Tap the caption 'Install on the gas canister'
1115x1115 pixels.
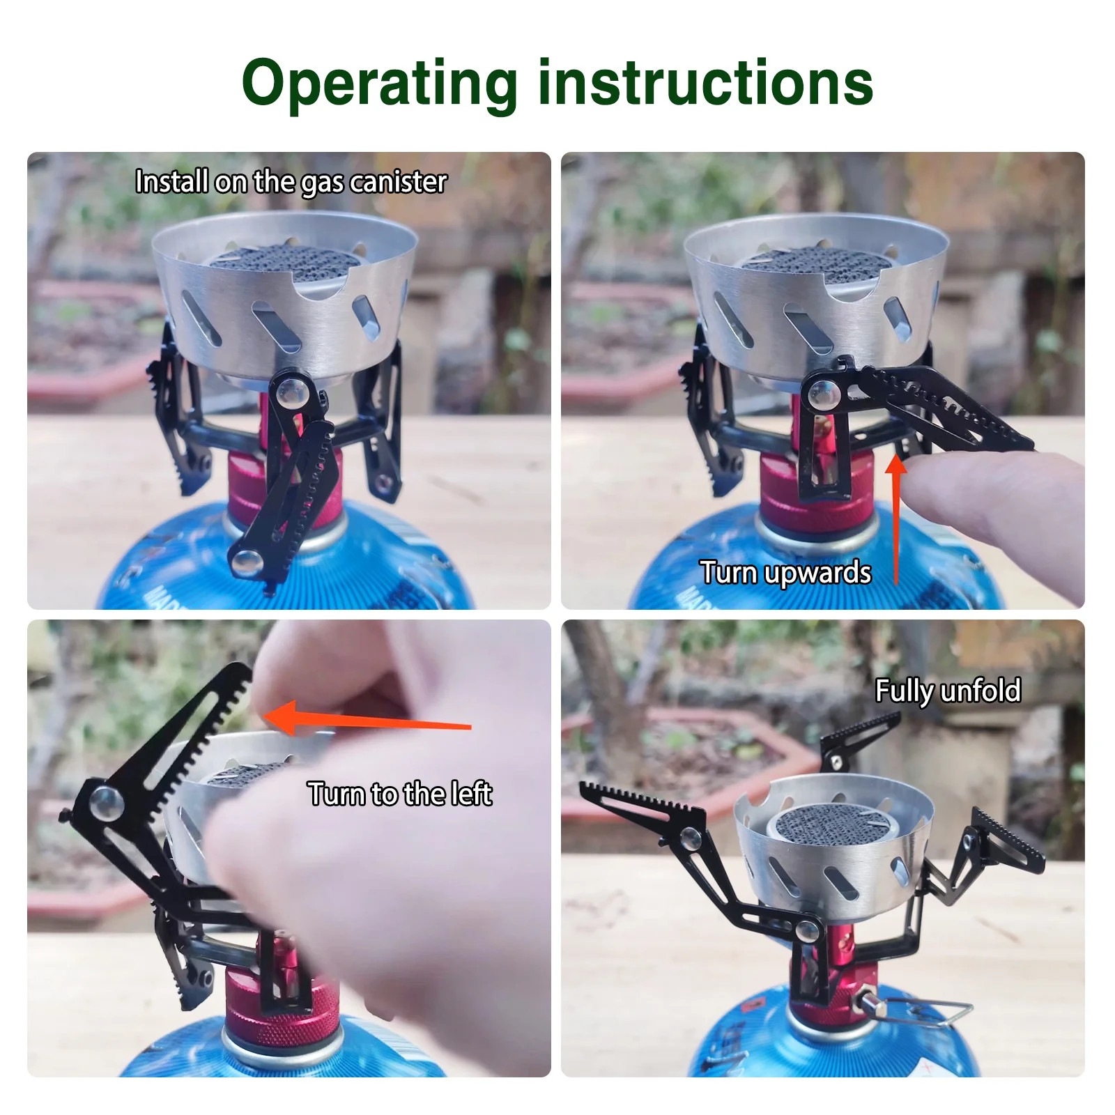[291, 182]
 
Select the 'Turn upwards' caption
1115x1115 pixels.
[785, 573]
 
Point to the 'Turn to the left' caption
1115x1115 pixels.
[400, 794]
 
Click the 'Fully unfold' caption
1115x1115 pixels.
[948, 691]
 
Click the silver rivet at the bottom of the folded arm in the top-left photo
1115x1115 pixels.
[245, 559]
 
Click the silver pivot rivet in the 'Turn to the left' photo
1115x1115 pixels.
[105, 801]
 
